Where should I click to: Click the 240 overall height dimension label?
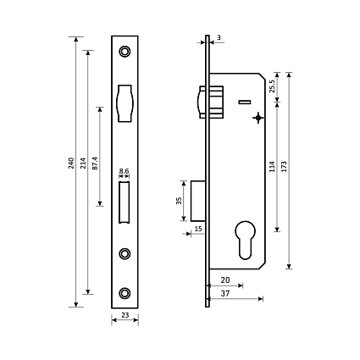[71, 163]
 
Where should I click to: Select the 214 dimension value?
[83, 163]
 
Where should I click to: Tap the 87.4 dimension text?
[95, 163]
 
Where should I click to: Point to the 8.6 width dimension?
[124, 171]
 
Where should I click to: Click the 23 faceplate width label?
[125, 315]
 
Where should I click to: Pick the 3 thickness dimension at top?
[219, 37]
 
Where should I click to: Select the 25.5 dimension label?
[272, 86]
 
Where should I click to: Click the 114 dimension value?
[272, 167]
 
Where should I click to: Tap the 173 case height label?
[284, 167]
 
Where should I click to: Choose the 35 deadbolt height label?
[179, 201]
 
